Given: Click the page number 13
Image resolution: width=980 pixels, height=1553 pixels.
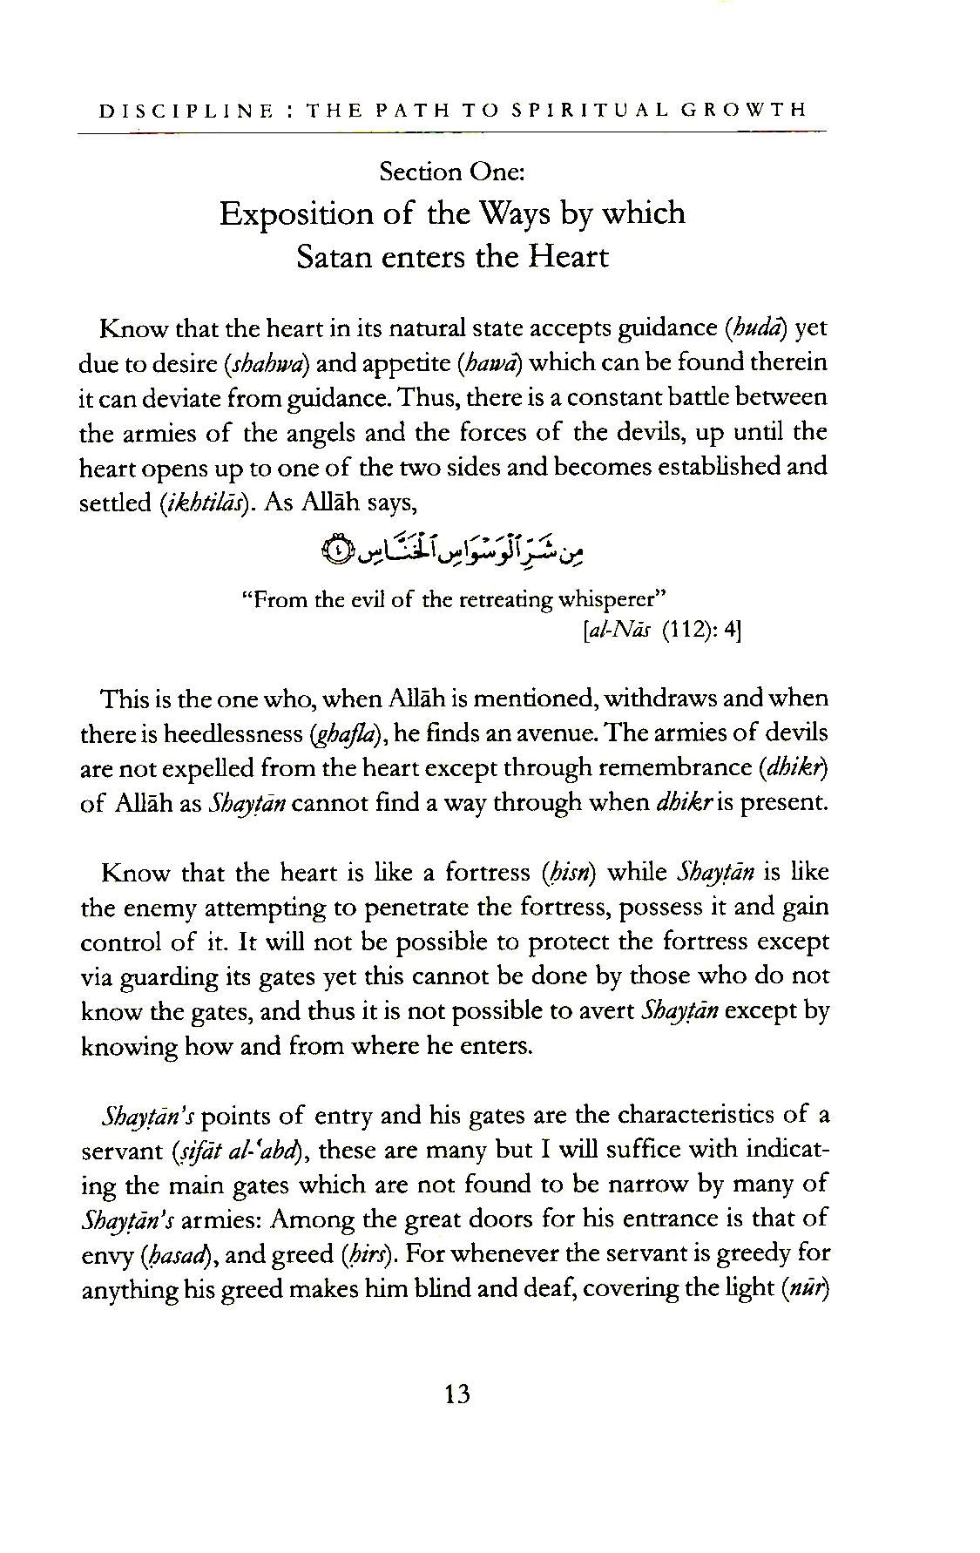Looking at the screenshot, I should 456,1394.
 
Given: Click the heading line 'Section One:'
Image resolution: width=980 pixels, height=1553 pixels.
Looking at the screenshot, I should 451,172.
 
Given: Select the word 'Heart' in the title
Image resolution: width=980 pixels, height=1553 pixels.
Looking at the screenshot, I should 566,257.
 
